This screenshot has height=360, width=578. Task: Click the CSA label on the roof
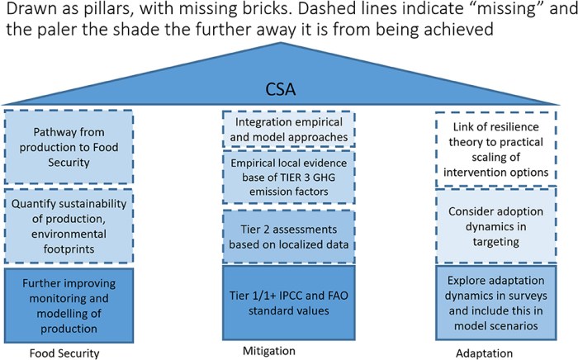pos(288,88)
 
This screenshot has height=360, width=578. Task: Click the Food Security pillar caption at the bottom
pos(54,353)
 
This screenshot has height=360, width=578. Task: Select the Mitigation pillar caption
pos(268,350)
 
